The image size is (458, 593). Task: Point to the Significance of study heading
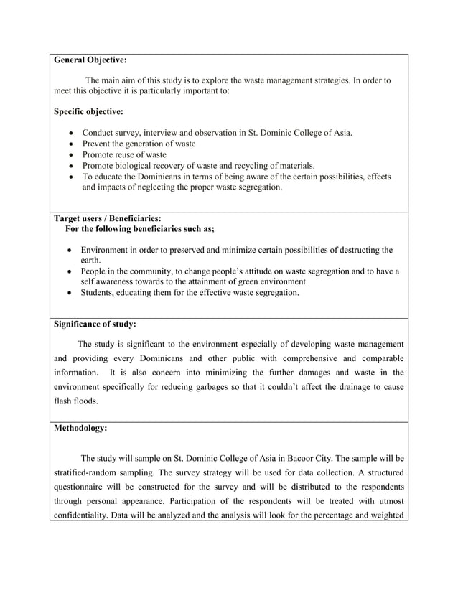(x=95, y=324)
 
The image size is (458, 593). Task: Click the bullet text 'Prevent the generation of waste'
(x=139, y=144)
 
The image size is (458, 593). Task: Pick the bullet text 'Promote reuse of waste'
(x=124, y=154)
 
